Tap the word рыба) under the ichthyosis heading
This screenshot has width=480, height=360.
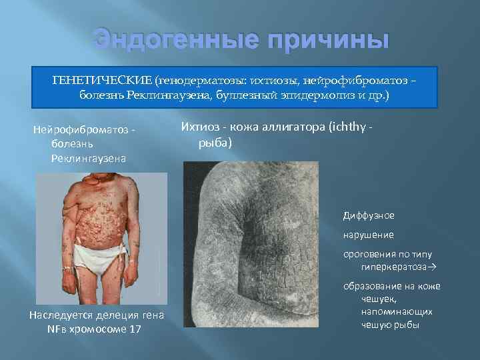click(215, 143)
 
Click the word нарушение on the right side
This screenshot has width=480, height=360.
click(369, 235)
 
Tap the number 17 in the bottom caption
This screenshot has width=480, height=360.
click(134, 329)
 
